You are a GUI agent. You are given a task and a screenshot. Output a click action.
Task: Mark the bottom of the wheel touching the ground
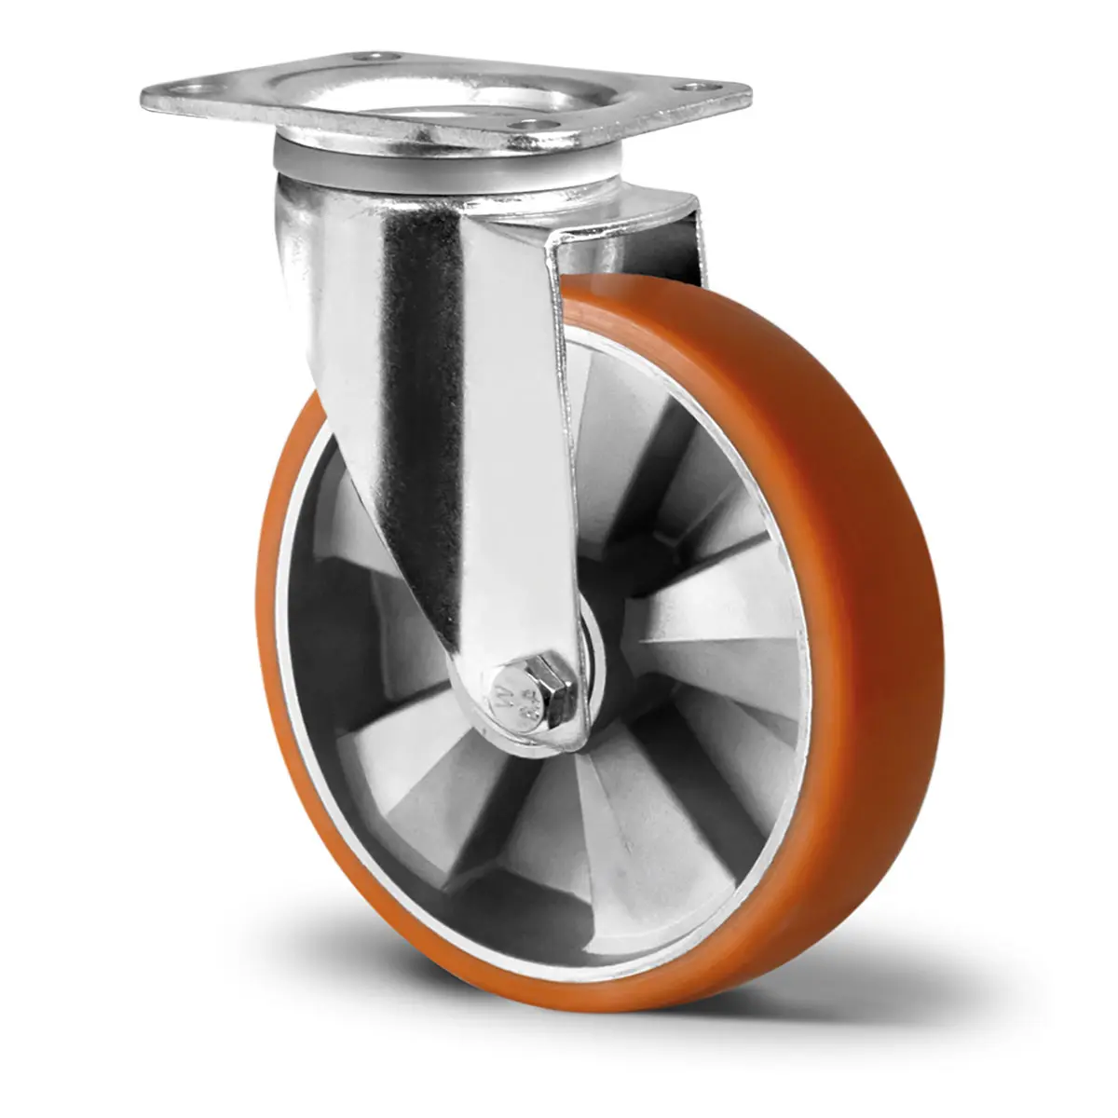(x=596, y=1002)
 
